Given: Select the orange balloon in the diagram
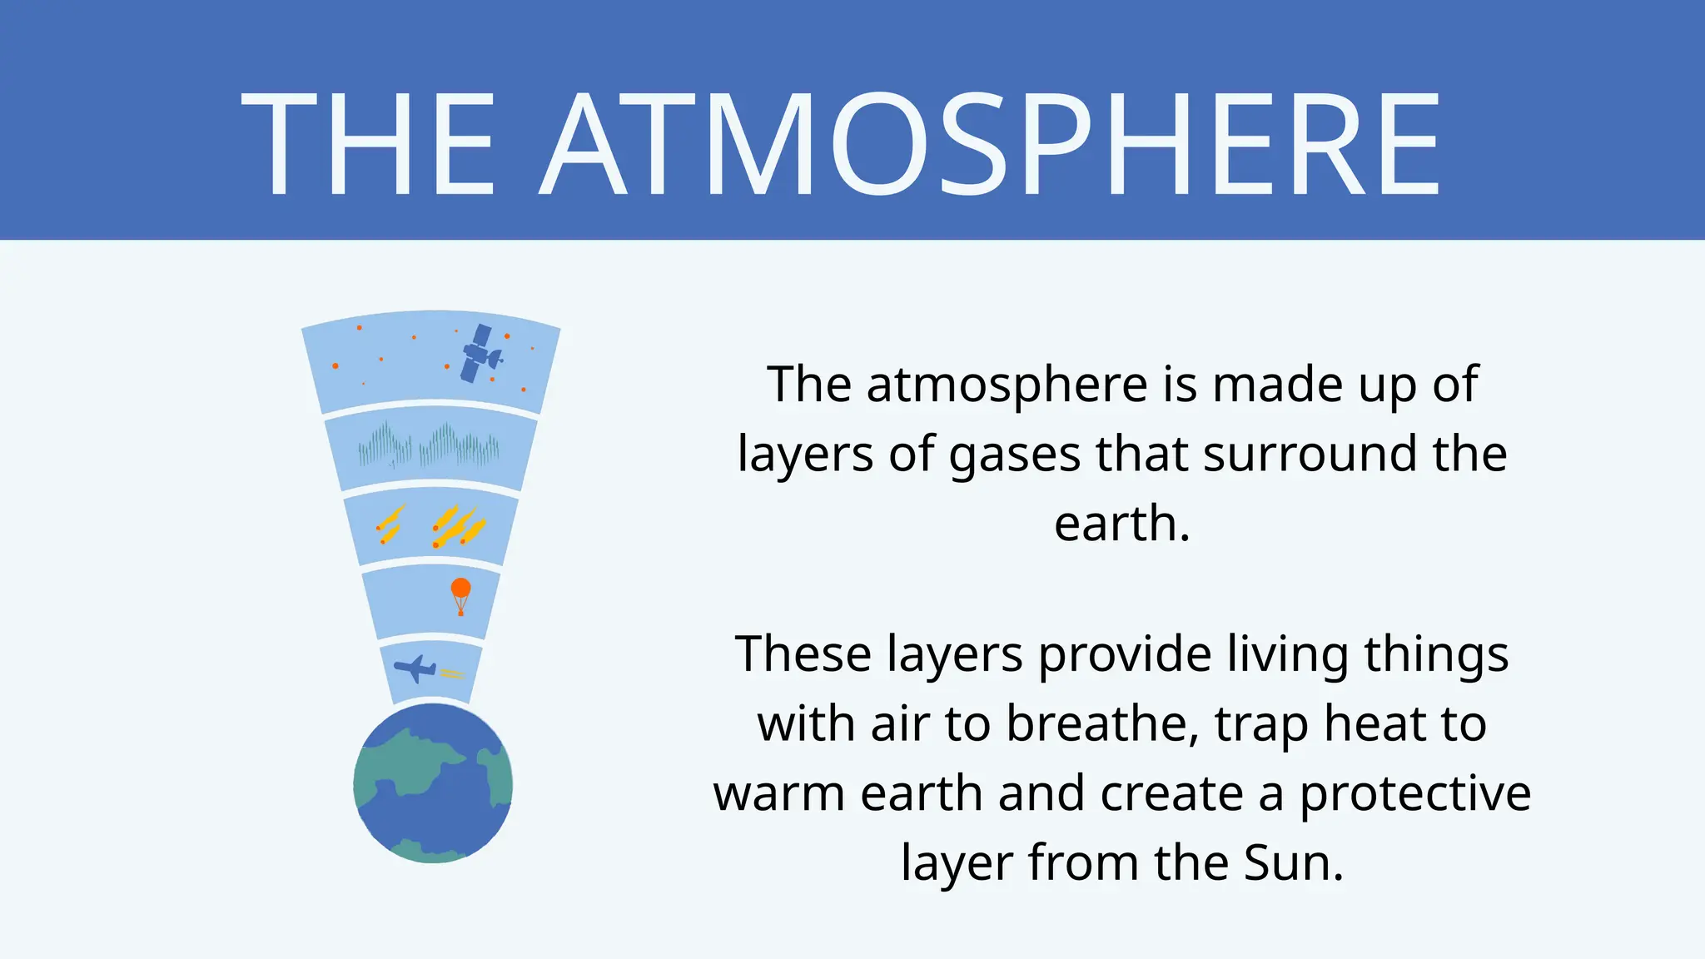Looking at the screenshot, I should (460, 593).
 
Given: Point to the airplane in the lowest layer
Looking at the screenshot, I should (415, 668).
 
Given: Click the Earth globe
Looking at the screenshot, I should (433, 783).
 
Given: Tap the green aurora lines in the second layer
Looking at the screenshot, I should (429, 445).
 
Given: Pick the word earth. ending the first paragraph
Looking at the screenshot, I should (1121, 524).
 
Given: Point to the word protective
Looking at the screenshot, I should (1415, 794).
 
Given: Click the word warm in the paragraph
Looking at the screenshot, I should (783, 794).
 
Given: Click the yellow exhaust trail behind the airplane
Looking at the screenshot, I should (452, 673).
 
